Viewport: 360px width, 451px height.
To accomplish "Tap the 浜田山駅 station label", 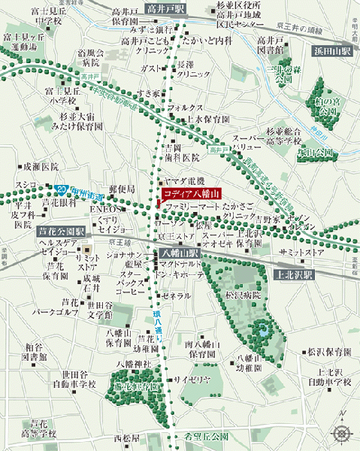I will click(331, 51).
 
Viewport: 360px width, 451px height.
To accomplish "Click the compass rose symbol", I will click(342, 431).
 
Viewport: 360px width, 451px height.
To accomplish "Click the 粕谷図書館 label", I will click(33, 352).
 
